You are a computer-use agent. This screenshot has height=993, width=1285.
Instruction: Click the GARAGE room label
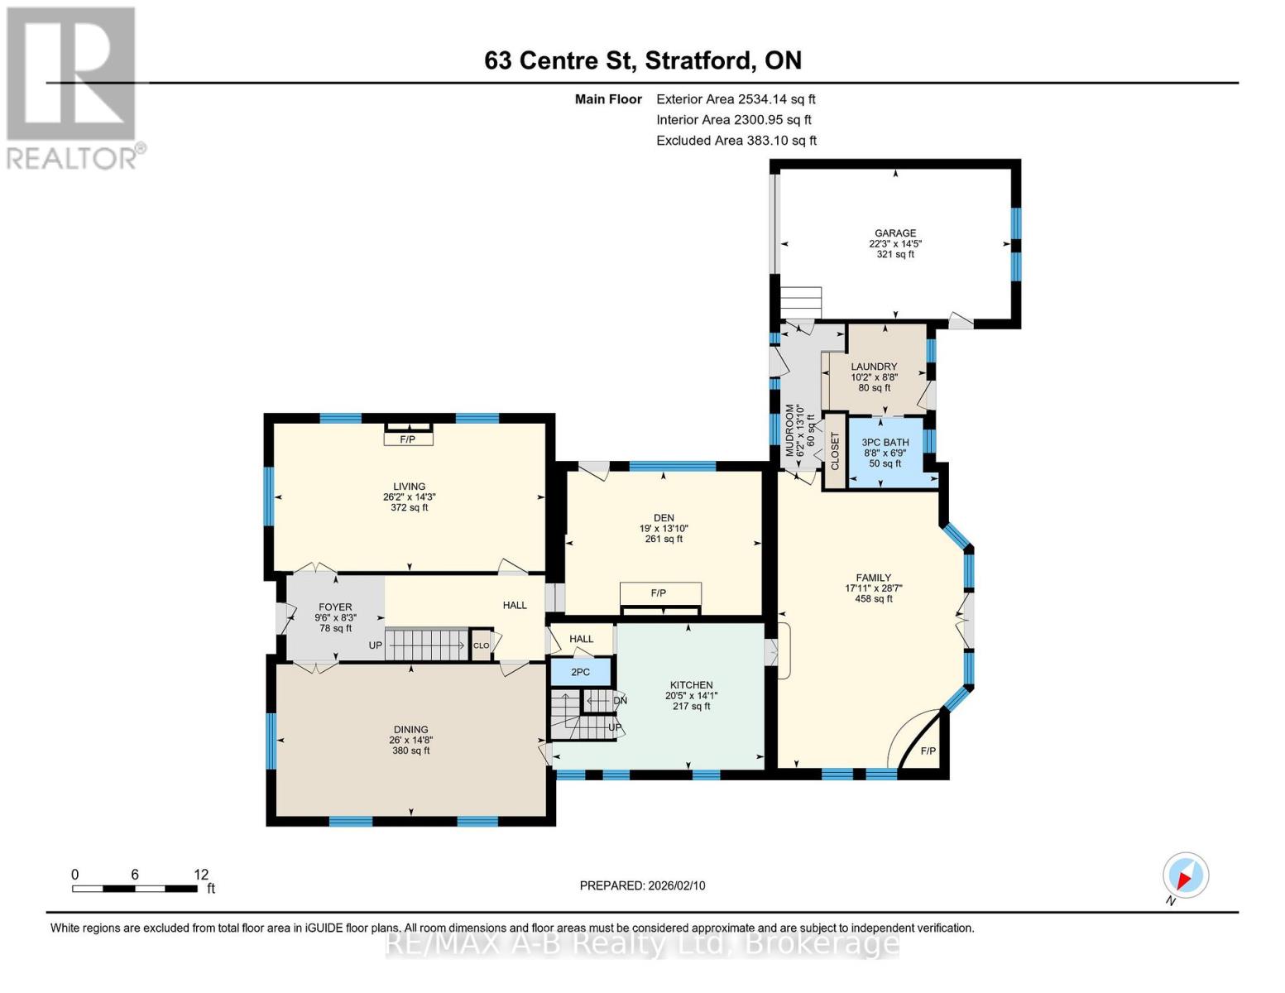[x=895, y=233]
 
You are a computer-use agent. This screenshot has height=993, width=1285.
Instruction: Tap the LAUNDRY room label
[x=874, y=367]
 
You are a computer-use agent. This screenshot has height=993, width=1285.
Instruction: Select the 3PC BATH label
[x=885, y=443]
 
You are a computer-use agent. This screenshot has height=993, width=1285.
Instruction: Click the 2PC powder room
[x=581, y=672]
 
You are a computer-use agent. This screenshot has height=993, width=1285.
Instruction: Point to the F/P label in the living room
[x=407, y=439]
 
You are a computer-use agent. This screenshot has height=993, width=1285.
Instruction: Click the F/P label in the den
[x=659, y=593]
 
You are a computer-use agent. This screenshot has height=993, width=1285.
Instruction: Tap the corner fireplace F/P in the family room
[x=928, y=751]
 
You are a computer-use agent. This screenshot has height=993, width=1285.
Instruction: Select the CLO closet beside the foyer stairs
[x=481, y=645]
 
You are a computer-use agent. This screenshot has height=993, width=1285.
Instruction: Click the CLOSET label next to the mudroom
[x=835, y=451]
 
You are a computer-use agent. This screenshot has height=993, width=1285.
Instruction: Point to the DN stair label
[x=620, y=701]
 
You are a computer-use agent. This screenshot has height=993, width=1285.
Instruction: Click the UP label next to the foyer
[x=376, y=645]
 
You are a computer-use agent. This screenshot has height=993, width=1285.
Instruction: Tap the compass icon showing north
[x=1185, y=875]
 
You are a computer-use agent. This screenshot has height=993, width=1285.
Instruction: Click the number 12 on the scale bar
[x=201, y=875]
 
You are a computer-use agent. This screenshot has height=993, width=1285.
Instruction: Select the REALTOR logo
[x=73, y=87]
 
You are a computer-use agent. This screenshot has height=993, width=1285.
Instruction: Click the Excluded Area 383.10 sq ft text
[x=736, y=141]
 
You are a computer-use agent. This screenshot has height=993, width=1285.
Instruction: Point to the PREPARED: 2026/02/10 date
[x=642, y=885]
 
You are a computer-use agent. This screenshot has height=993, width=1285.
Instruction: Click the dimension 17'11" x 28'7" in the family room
[x=873, y=588]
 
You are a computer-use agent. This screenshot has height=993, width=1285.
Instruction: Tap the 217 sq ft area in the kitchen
[x=691, y=706]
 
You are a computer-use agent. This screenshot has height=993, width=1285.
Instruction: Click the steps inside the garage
[x=801, y=303]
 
